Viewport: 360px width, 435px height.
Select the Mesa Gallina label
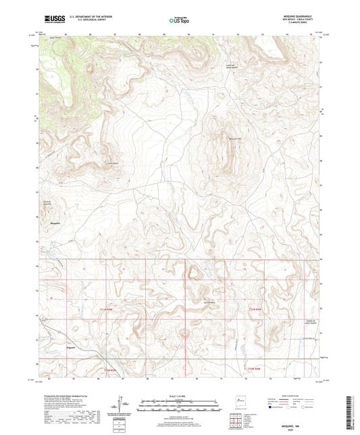tap(234, 139)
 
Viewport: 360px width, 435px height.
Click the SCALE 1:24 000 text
tap(179, 396)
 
